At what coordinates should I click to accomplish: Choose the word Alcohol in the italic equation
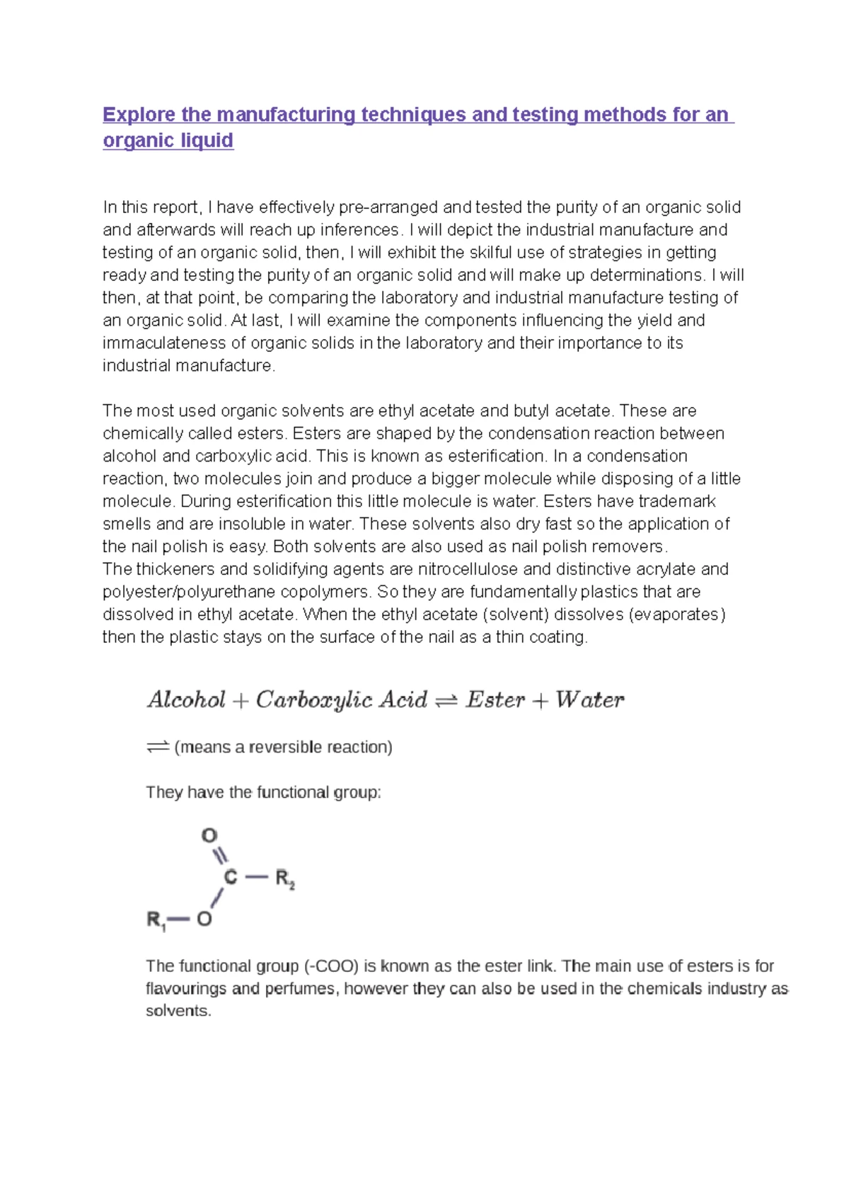(186, 700)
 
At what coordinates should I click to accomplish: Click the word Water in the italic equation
(590, 700)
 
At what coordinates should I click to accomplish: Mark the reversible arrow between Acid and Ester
(446, 701)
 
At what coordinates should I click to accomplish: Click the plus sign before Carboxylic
(241, 701)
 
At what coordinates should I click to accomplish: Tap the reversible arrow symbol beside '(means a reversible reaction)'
(158, 747)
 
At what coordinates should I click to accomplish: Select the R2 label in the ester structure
(284, 879)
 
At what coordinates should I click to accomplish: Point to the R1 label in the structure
(156, 920)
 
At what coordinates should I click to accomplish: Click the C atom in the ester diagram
(231, 878)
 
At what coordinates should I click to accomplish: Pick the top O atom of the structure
(209, 836)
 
